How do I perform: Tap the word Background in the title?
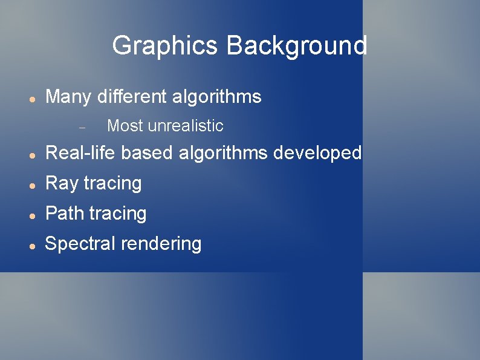tap(296, 46)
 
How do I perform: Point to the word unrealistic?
tap(185, 126)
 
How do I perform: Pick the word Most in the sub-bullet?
tap(125, 126)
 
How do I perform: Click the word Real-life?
tap(80, 153)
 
